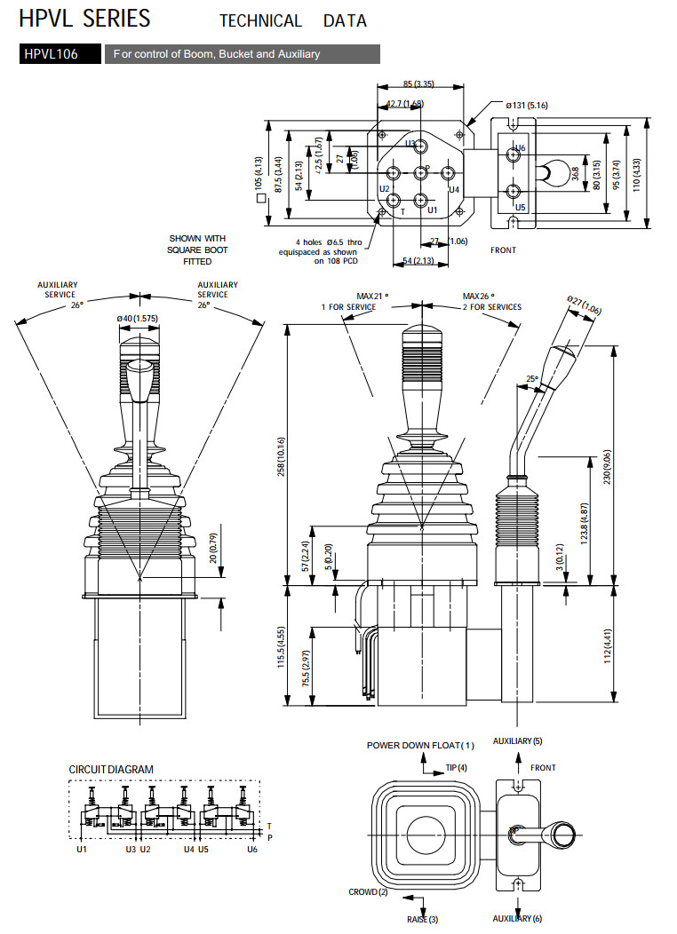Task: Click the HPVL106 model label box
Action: click(x=52, y=54)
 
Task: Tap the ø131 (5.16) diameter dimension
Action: click(x=528, y=105)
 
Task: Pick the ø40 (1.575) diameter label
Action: click(x=139, y=319)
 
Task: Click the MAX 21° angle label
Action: click(x=373, y=296)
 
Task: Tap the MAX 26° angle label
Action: click(x=478, y=296)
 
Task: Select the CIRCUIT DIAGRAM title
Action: click(x=111, y=769)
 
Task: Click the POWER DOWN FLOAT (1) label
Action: click(x=421, y=745)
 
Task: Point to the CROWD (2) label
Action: click(x=368, y=891)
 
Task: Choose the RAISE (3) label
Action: click(x=422, y=920)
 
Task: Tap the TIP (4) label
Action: click(x=456, y=767)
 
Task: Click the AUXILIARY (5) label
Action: click(x=517, y=740)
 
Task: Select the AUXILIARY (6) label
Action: click(x=517, y=919)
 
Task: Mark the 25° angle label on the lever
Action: click(x=531, y=379)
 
